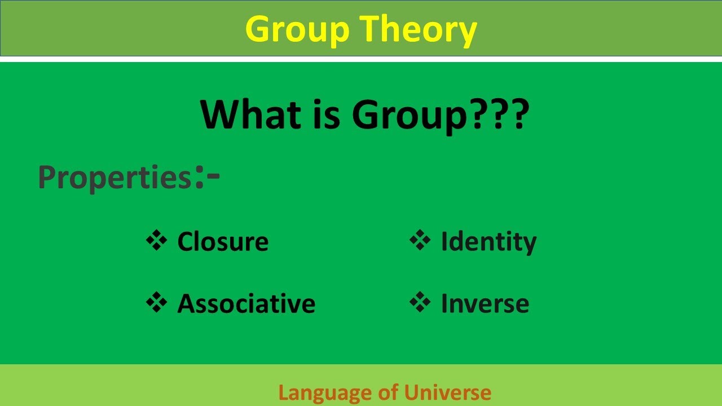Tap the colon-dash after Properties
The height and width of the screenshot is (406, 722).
click(x=208, y=176)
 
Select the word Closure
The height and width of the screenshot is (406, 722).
click(x=223, y=242)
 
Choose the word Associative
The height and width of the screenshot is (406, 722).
click(x=246, y=304)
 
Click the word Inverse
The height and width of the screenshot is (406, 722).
click(x=485, y=304)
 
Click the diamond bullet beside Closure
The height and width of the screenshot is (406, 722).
click(x=157, y=240)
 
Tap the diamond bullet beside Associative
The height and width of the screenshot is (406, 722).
click(x=157, y=302)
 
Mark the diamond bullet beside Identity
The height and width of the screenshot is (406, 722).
click(x=420, y=240)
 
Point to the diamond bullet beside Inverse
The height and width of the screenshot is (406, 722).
click(x=420, y=302)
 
